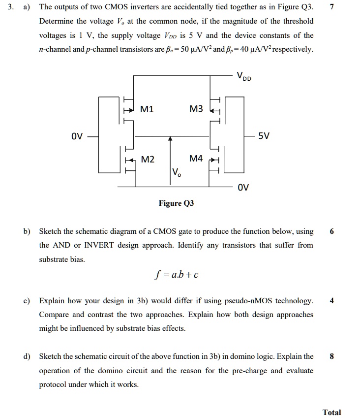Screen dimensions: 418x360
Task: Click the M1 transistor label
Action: (x=147, y=109)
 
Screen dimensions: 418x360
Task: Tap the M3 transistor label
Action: (x=195, y=109)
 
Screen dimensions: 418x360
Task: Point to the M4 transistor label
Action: (x=195, y=159)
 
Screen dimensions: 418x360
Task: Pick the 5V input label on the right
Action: (x=264, y=136)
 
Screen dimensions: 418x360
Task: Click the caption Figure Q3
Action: (x=176, y=203)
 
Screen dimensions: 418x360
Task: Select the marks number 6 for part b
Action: (x=332, y=231)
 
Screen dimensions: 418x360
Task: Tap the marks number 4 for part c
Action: (x=332, y=300)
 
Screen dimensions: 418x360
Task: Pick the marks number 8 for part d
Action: (x=332, y=356)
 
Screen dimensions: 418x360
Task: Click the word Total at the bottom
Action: (x=331, y=412)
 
